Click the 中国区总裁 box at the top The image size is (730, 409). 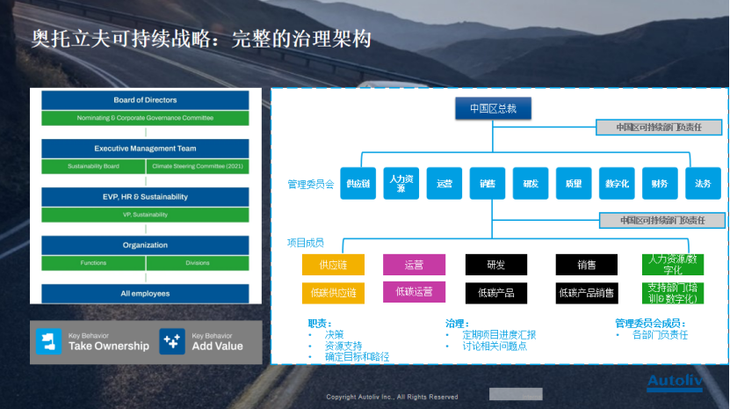click(x=493, y=109)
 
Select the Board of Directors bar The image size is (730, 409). click(x=145, y=100)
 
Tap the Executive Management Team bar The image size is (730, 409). click(x=145, y=149)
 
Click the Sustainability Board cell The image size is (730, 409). click(x=93, y=165)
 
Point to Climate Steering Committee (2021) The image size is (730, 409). click(x=198, y=165)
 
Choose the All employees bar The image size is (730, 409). click(x=145, y=293)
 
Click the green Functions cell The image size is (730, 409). click(x=93, y=262)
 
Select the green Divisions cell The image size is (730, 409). click(x=198, y=262)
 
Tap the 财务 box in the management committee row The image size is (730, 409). click(x=660, y=184)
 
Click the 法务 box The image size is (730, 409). click(x=703, y=184)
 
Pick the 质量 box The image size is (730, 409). click(x=574, y=184)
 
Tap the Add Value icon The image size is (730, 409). click(x=172, y=342)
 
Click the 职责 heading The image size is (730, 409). click(x=317, y=323)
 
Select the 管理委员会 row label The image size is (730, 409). click(x=310, y=185)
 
